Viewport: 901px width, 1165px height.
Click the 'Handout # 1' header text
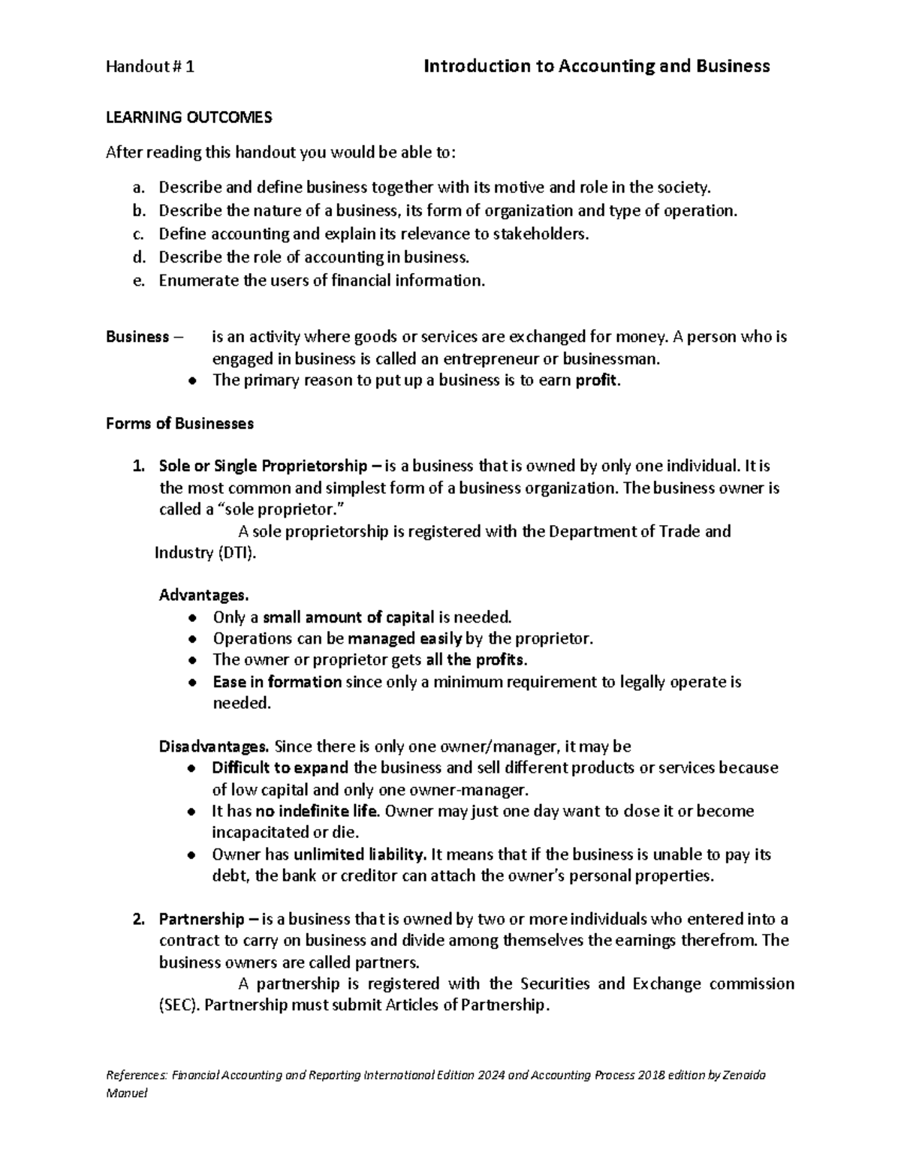point(150,67)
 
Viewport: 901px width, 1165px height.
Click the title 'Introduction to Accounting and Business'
point(597,67)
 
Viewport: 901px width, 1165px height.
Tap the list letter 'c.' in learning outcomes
point(138,234)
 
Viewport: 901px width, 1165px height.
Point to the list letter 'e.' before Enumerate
point(138,281)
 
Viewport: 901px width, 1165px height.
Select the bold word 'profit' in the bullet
point(597,380)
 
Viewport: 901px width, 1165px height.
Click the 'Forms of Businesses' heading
point(179,424)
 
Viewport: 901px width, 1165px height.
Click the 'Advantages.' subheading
point(203,596)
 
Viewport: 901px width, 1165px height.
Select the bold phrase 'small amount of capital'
point(348,617)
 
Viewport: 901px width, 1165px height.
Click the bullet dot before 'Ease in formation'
point(193,683)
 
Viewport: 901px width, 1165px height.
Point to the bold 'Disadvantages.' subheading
point(213,746)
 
